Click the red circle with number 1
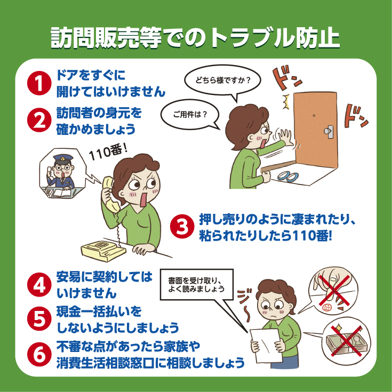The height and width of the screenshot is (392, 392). click(x=39, y=83)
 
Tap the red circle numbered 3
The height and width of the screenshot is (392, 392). click(x=182, y=227)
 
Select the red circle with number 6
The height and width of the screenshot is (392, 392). click(x=39, y=354)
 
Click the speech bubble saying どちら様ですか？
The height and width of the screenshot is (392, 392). click(x=222, y=81)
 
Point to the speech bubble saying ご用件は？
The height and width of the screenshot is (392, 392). click(x=190, y=115)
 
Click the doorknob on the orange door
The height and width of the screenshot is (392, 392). click(x=328, y=131)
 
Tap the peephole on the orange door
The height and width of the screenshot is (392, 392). click(x=314, y=116)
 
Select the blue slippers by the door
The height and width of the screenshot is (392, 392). click(x=288, y=176)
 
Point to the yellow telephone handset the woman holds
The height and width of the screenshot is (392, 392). click(x=110, y=194)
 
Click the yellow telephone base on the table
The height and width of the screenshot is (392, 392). click(x=103, y=250)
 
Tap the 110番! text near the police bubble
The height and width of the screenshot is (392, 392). click(x=108, y=152)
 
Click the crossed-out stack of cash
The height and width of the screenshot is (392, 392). click(x=346, y=341)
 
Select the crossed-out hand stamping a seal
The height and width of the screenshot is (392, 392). click(x=333, y=291)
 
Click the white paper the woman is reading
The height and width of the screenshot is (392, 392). click(x=266, y=346)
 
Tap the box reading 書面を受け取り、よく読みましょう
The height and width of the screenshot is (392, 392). click(x=196, y=284)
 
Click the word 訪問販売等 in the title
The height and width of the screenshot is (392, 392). click(x=106, y=37)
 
